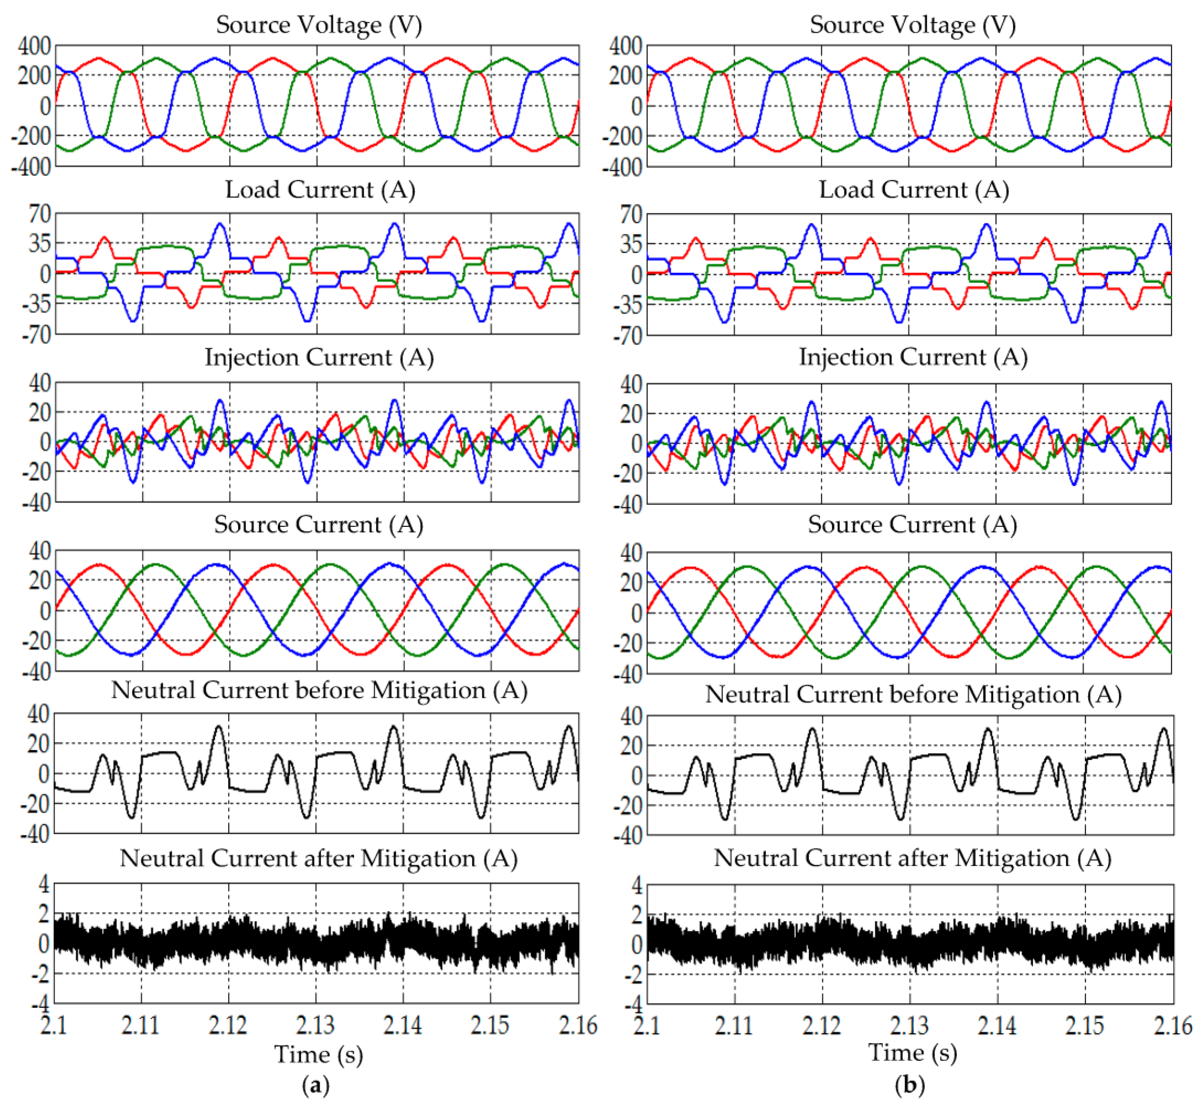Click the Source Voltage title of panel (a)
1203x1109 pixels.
click(x=319, y=25)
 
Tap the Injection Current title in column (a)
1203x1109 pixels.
click(x=319, y=358)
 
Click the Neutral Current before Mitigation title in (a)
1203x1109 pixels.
click(x=319, y=691)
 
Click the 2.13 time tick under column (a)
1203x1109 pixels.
click(x=316, y=1025)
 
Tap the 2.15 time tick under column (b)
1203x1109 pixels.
click(x=1083, y=1025)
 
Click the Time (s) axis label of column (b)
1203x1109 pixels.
click(x=912, y=1053)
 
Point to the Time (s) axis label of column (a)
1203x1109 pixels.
click(x=319, y=1055)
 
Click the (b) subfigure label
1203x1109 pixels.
click(x=909, y=1085)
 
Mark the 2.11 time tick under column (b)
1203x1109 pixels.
click(x=733, y=1025)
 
